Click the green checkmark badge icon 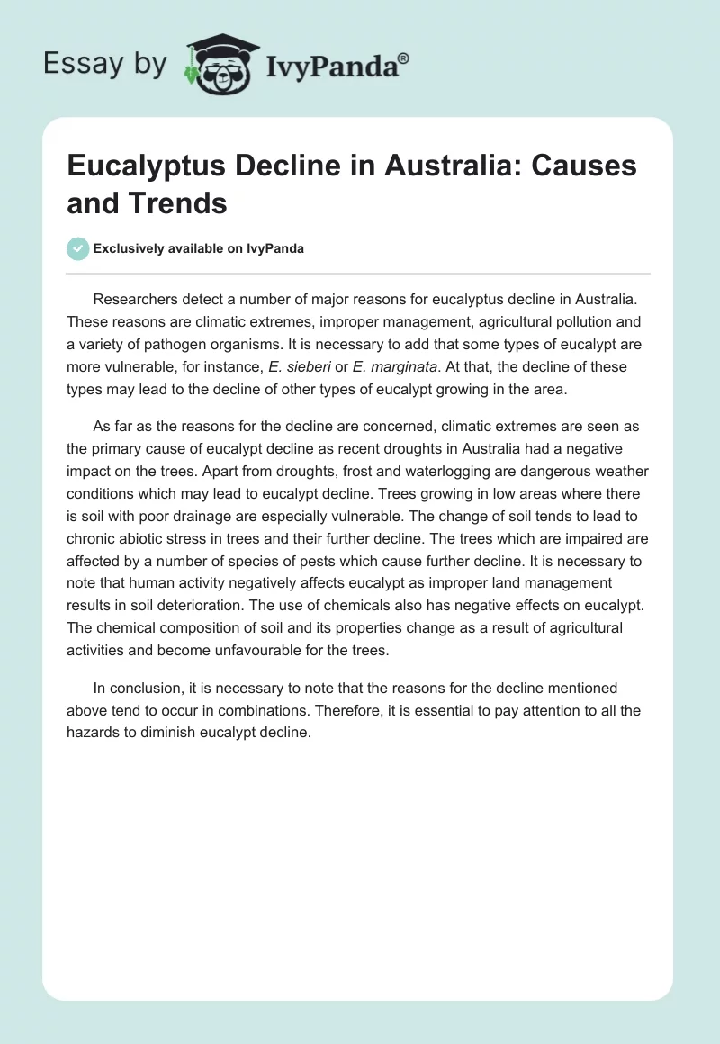tap(78, 248)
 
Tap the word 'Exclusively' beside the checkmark tap(130, 248)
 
